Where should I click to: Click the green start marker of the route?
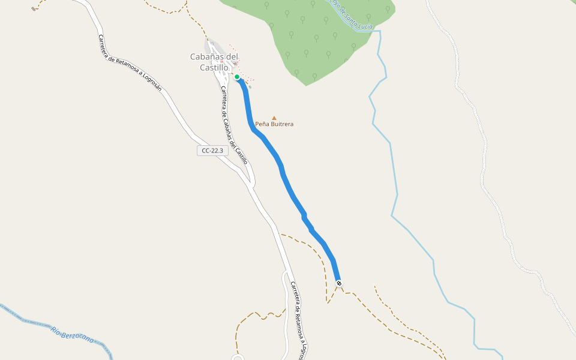(x=237, y=77)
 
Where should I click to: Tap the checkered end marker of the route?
(x=339, y=283)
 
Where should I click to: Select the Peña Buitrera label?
(x=274, y=124)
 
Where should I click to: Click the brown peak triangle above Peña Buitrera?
(x=274, y=118)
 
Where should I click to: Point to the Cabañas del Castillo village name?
(x=214, y=62)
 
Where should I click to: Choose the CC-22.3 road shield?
(x=213, y=151)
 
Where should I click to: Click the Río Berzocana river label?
(x=72, y=335)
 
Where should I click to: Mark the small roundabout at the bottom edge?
(x=238, y=358)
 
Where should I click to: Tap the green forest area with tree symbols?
(x=312, y=42)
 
